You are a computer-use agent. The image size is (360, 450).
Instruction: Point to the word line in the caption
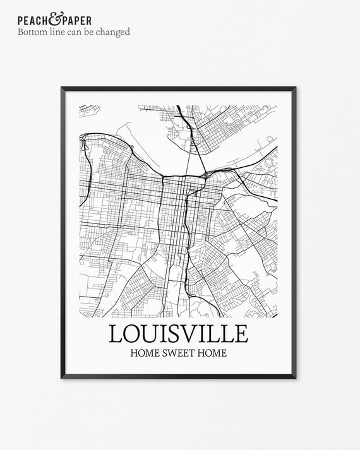point(59,32)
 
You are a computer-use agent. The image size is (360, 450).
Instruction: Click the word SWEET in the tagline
point(179,353)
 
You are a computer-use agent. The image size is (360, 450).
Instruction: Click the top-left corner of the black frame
point(63,88)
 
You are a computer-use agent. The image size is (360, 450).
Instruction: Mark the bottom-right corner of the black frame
point(296,378)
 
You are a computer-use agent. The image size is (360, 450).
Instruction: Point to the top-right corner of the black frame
point(296,88)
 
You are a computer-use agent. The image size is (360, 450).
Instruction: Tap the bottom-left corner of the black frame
point(63,378)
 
